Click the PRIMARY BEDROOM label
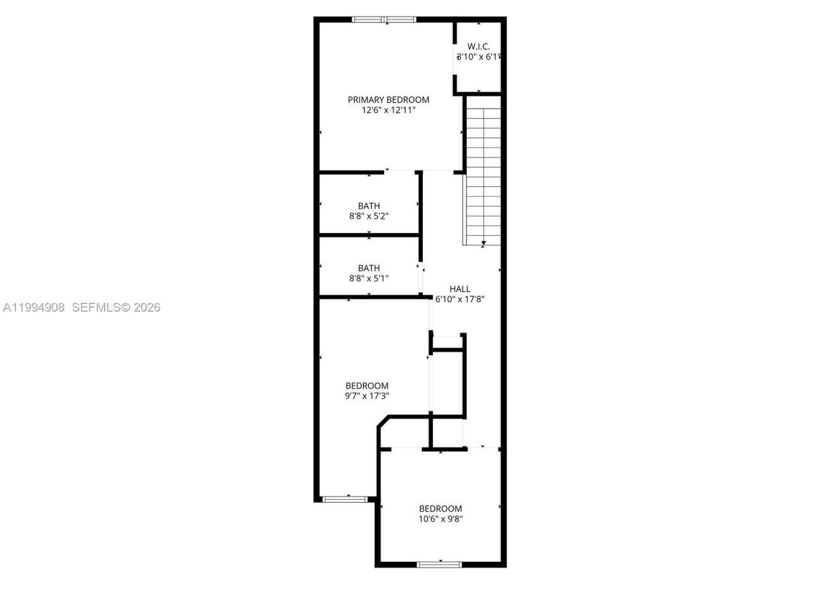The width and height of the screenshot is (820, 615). (x=388, y=100)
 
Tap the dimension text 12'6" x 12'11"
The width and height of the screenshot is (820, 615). (x=388, y=110)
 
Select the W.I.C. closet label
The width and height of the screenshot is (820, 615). (x=479, y=46)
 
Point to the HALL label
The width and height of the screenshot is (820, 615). (x=459, y=289)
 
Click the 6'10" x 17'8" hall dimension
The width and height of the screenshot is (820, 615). (x=459, y=299)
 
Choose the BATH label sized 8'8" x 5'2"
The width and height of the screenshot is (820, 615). (x=369, y=206)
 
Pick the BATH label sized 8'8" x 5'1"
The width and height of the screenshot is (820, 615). (x=369, y=268)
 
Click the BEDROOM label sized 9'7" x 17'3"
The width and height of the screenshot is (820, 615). (x=366, y=386)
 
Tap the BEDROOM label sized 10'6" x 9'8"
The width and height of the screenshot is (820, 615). (x=440, y=509)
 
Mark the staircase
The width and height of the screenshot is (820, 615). (x=482, y=173)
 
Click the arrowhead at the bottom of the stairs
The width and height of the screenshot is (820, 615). (x=483, y=243)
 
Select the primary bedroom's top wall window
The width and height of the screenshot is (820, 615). (x=384, y=20)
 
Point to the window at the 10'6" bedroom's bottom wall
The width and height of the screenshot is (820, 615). (x=439, y=564)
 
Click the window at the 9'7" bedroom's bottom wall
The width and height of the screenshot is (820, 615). (x=345, y=498)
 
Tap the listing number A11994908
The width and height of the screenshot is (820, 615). (x=34, y=307)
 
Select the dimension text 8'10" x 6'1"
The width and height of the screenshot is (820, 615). (x=479, y=56)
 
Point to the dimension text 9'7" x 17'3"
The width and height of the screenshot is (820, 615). (x=366, y=396)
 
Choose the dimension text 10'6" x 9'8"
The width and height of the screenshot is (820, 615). (x=440, y=519)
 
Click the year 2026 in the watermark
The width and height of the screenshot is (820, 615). (x=147, y=307)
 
